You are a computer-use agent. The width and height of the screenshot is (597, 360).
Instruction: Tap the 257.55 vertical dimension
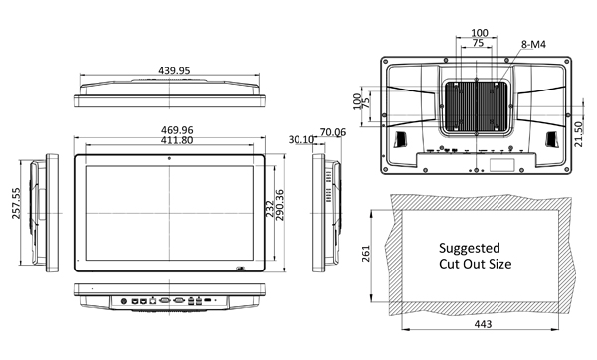[15, 207]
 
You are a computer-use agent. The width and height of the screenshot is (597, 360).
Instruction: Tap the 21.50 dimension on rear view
[579, 130]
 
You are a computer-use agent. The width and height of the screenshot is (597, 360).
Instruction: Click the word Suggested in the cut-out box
[470, 247]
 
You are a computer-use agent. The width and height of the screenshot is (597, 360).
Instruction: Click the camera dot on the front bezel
[170, 159]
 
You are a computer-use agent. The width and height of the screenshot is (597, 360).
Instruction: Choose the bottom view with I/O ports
[170, 295]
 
